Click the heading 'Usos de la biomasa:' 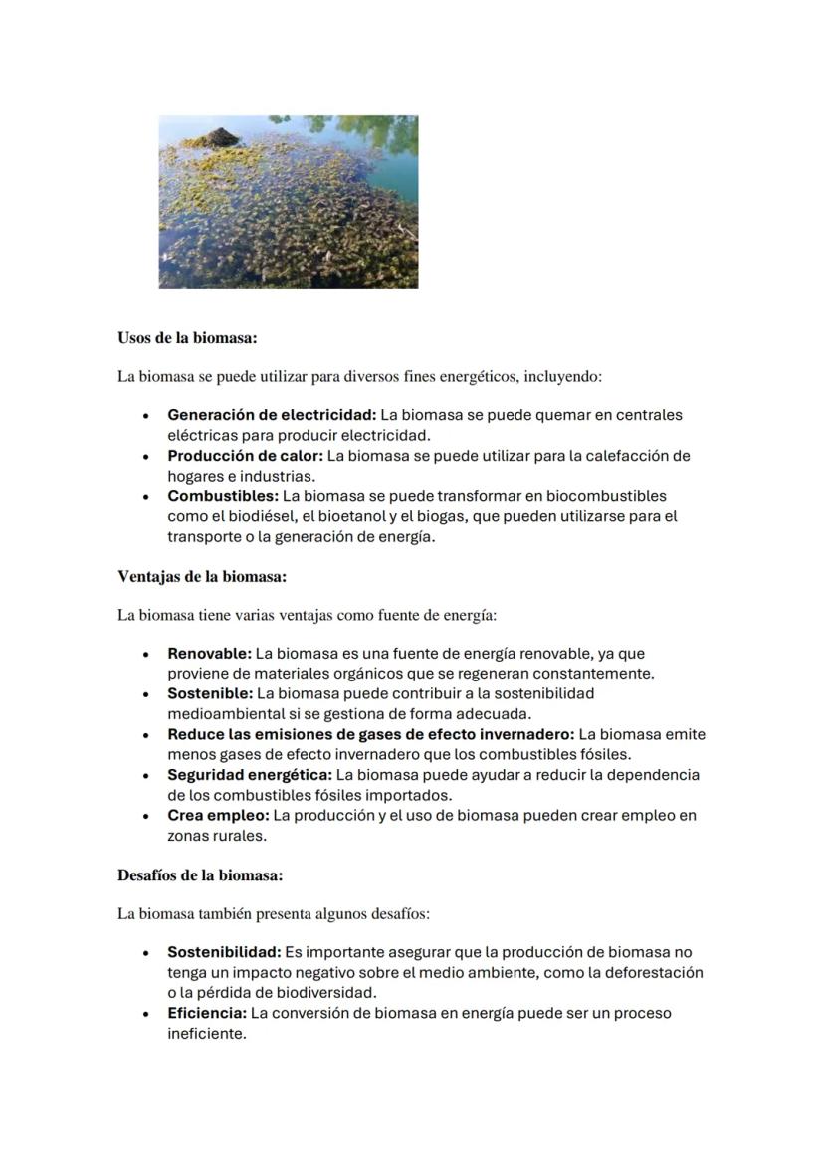pos(187,338)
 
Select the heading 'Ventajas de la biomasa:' pos(202,576)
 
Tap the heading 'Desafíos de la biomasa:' pos(200,875)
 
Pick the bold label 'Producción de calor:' pos(245,456)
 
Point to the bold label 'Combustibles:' pos(223,495)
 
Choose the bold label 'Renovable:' pos(209,654)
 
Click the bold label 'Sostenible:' pos(210,693)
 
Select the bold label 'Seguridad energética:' pos(250,774)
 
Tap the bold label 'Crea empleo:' pos(218,815)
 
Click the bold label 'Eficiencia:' pos(206,1013)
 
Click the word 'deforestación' pos(655,972)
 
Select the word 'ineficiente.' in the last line pos(206,1034)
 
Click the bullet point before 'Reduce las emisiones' pos(146,735)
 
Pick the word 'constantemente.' pos(593,674)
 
